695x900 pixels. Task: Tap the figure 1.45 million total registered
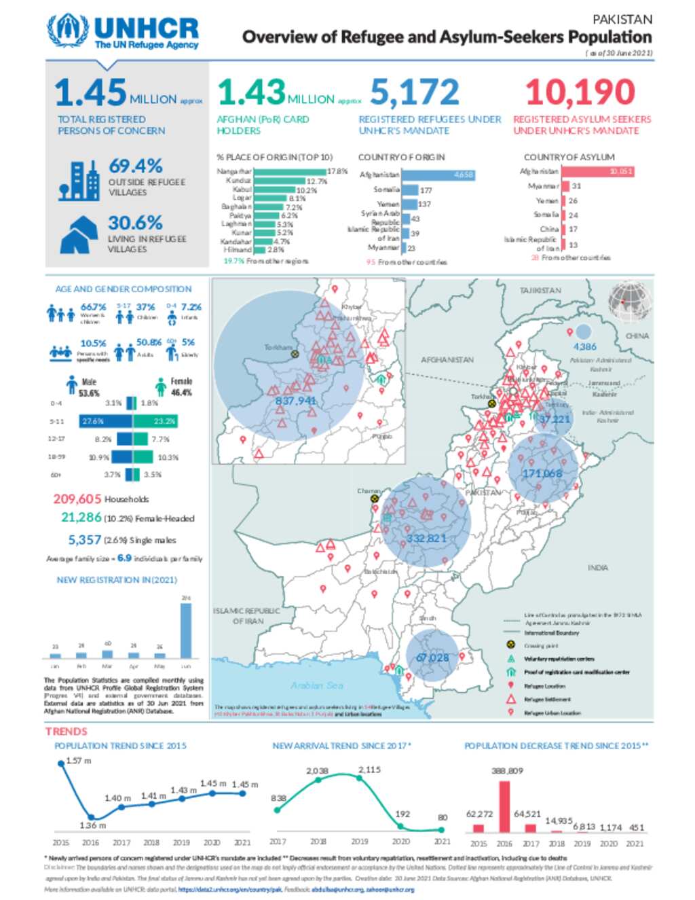coord(91,92)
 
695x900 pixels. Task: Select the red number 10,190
coord(580,92)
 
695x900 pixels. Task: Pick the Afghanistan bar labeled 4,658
coord(438,175)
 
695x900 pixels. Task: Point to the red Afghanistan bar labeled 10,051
coord(597,171)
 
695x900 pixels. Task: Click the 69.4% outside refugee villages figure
coord(135,166)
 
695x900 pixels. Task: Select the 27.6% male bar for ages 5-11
coord(105,421)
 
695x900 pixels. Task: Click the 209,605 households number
coord(77,499)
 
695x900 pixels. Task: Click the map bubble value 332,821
coord(426,539)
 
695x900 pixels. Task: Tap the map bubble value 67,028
coord(432,658)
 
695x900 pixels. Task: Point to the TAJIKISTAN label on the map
coord(540,291)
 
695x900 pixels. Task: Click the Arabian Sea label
coord(317,685)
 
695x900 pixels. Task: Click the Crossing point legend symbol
coord(510,645)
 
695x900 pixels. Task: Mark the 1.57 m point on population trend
coord(62,763)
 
